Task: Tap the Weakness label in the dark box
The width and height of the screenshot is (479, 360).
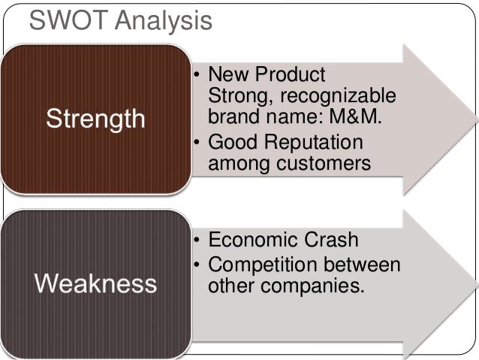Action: point(95,283)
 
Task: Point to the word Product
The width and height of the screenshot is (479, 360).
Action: point(292,75)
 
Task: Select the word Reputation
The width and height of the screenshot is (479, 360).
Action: point(315,142)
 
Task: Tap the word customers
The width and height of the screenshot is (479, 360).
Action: point(324,163)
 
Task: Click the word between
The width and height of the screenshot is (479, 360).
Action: point(364,265)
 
